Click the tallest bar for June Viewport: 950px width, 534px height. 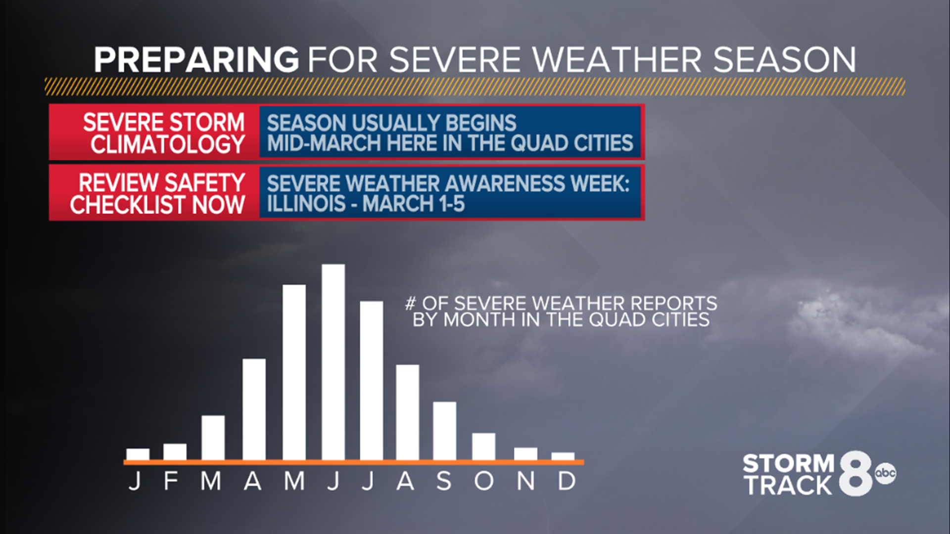333,362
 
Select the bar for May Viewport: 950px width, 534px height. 294,372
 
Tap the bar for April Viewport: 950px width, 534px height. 254,409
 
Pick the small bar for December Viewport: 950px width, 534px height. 563,456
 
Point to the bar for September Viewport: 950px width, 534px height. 444,431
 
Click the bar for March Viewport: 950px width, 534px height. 213,438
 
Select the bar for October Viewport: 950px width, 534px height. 483,446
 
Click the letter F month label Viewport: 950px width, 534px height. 171,481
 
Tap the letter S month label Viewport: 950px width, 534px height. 444,481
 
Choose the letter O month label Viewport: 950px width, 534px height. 483,481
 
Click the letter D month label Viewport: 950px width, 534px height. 567,481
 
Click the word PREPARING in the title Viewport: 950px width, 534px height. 196,60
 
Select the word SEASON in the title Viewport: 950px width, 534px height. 785,60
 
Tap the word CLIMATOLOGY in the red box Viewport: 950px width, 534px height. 167,144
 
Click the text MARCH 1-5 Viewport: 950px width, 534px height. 413,204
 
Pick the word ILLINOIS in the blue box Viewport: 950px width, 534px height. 306,204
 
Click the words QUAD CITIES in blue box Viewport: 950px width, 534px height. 571,143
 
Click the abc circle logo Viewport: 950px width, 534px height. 885,473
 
